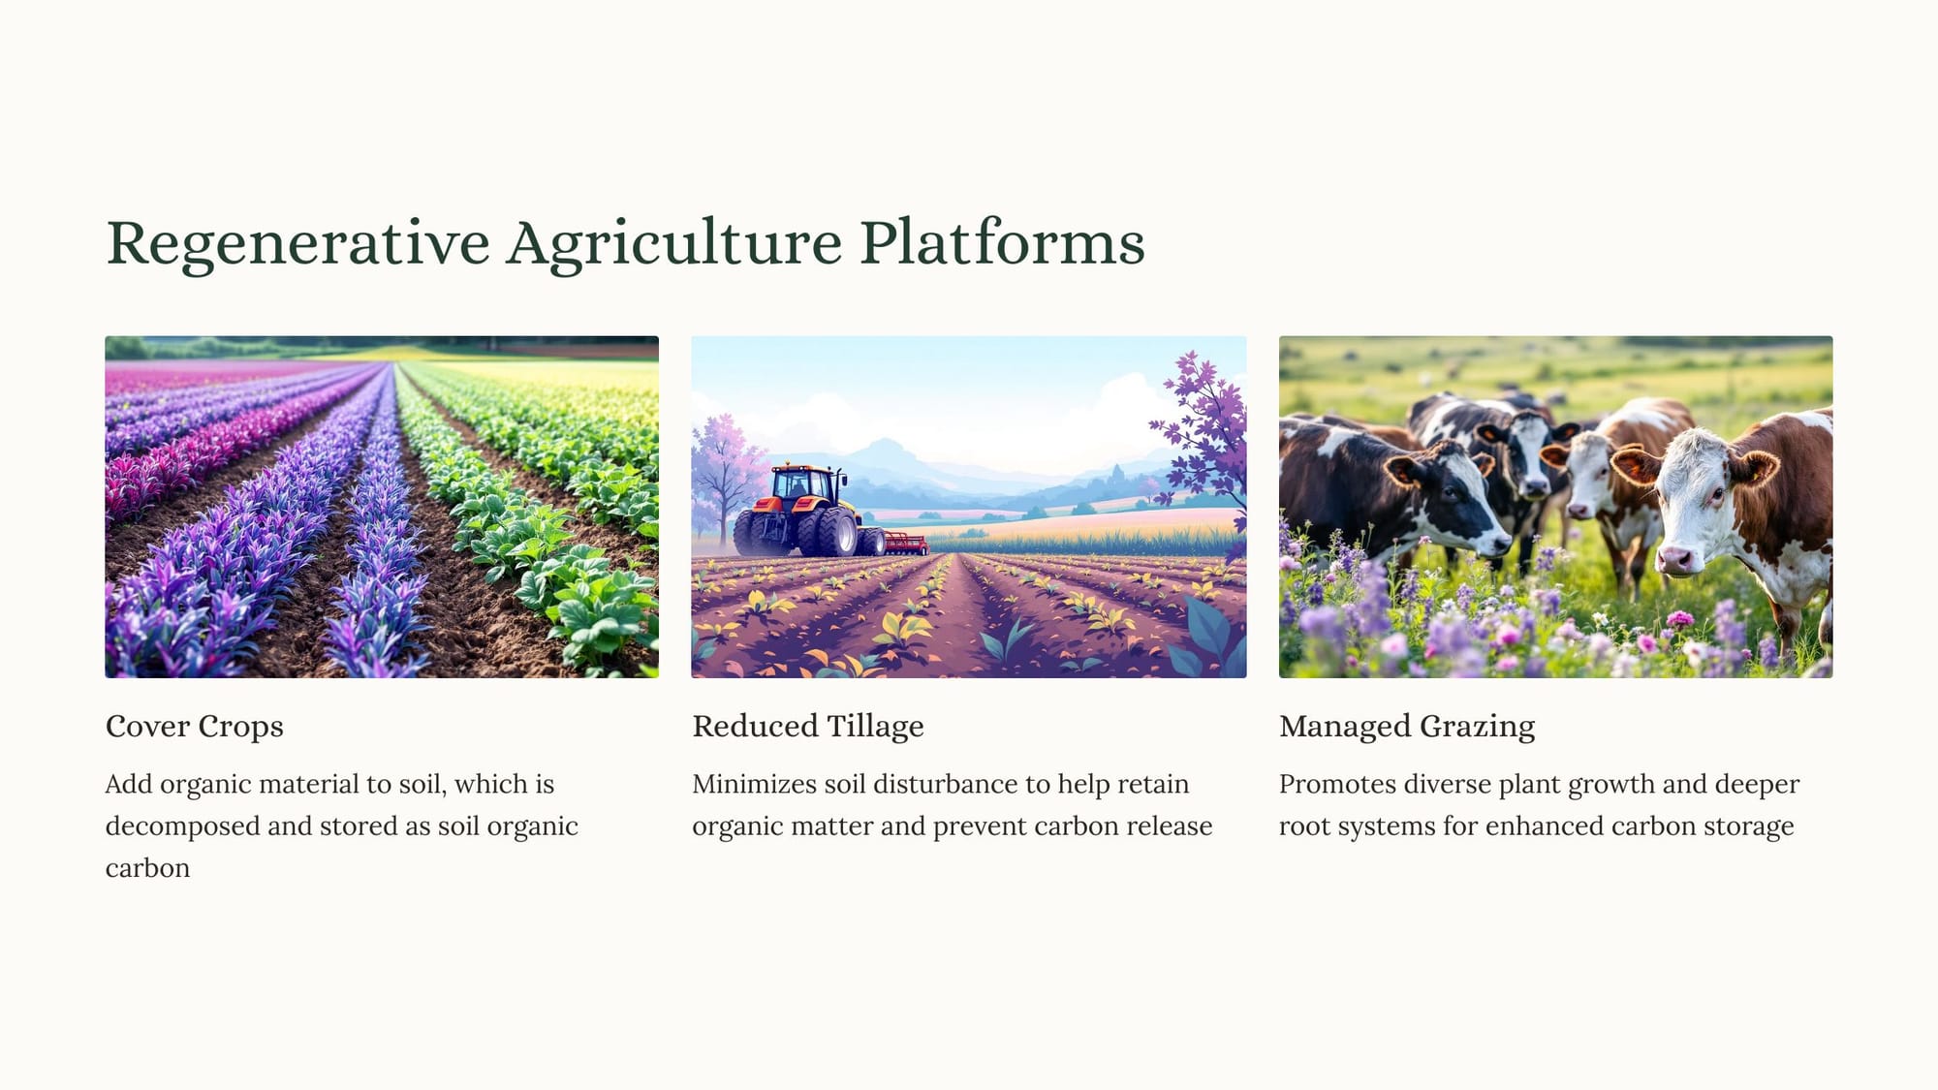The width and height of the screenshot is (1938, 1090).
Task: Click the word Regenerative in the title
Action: [297, 243]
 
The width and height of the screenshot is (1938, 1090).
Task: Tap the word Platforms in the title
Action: [1002, 241]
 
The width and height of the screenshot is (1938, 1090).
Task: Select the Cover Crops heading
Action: [195, 727]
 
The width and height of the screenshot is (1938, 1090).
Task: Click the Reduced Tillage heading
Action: [808, 727]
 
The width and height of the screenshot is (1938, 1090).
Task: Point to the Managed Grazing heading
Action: [1407, 727]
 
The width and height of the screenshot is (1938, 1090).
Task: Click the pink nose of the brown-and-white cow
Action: [1676, 559]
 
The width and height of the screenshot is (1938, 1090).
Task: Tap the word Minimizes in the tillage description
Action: [754, 784]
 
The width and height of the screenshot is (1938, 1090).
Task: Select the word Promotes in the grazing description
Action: [1337, 784]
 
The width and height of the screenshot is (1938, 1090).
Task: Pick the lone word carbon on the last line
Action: [147, 868]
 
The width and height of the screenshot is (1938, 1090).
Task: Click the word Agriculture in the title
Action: [674, 243]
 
